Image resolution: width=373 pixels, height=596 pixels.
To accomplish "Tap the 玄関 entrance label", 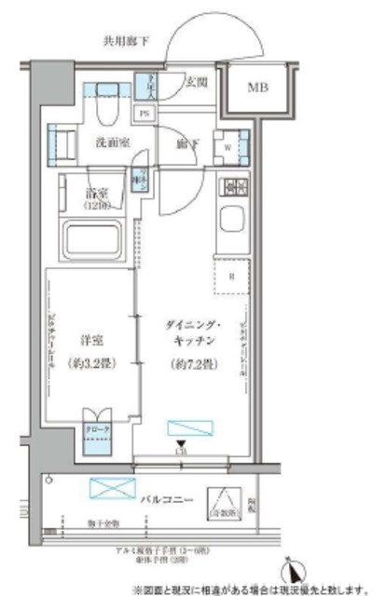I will coord(197,81).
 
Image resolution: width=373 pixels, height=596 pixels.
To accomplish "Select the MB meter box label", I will coord(258,88).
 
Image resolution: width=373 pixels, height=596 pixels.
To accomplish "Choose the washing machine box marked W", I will coord(228,145).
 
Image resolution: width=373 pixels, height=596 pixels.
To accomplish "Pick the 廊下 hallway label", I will coord(187,144).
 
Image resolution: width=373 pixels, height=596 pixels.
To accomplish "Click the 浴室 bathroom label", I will coord(98,196).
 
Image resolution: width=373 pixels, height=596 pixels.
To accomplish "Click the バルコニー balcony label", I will coord(169,500).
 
